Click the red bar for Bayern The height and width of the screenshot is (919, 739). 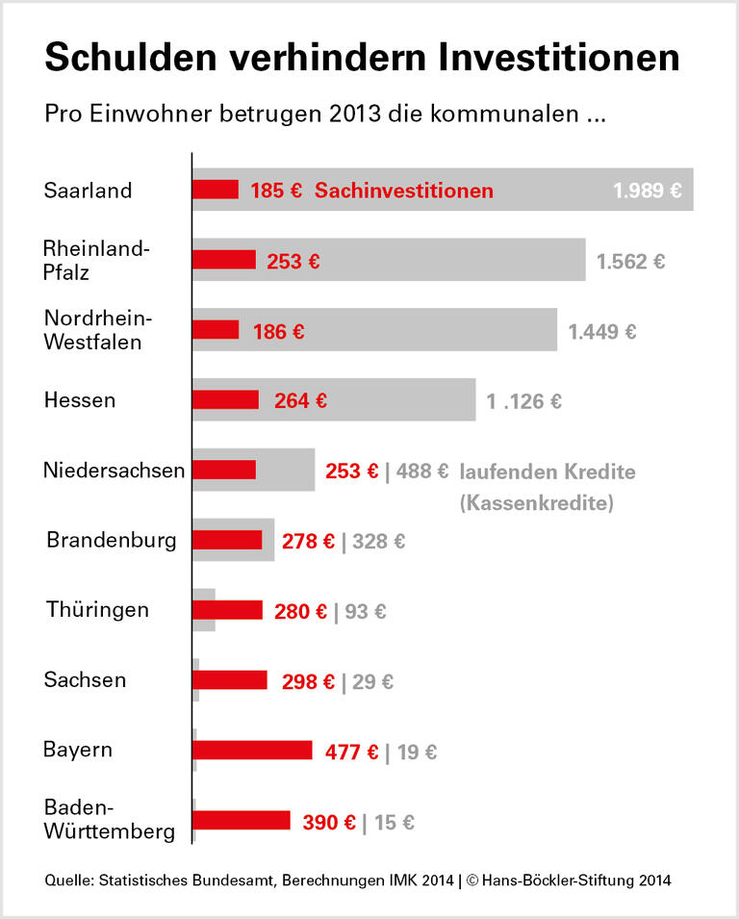[252, 751]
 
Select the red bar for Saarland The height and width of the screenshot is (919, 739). [216, 190]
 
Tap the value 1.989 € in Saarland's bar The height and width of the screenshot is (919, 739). [648, 191]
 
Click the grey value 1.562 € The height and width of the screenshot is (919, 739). [630, 261]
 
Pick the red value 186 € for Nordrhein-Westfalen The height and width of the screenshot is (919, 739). [279, 332]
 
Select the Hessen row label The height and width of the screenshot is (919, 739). [79, 400]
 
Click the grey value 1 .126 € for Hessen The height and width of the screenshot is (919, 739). [524, 401]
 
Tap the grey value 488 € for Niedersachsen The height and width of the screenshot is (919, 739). [422, 472]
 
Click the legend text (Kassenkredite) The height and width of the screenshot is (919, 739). [536, 502]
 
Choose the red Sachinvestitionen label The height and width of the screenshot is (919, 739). [404, 191]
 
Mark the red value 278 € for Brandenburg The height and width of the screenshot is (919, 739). [308, 542]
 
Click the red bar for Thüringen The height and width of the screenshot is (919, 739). [227, 610]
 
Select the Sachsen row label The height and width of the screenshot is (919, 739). [85, 680]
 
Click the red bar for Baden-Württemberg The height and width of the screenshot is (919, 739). [242, 821]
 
